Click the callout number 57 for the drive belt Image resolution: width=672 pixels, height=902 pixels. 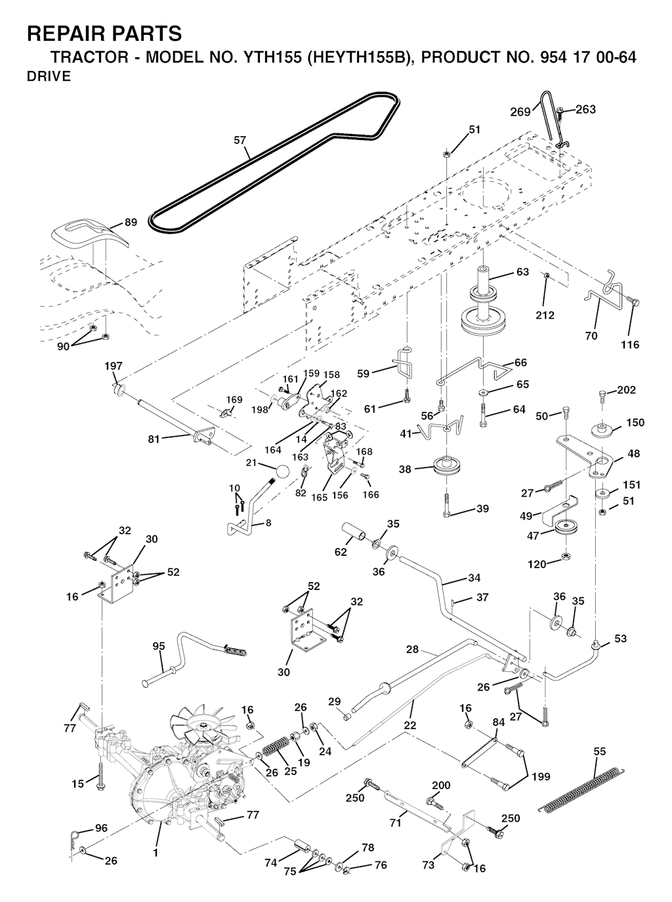(240, 140)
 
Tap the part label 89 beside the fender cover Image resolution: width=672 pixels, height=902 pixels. (131, 223)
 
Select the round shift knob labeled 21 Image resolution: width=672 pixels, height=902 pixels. (282, 472)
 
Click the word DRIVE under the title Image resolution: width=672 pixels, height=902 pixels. (49, 76)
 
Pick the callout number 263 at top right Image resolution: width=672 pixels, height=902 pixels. (585, 110)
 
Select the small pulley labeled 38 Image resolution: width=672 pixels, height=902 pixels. (447, 468)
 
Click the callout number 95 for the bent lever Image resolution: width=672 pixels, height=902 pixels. (159, 646)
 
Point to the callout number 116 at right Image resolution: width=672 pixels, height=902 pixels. (630, 345)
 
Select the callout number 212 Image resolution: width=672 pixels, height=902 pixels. (545, 315)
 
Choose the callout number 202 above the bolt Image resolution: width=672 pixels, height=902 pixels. (627, 390)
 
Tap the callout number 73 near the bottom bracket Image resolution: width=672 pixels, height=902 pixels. (429, 865)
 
